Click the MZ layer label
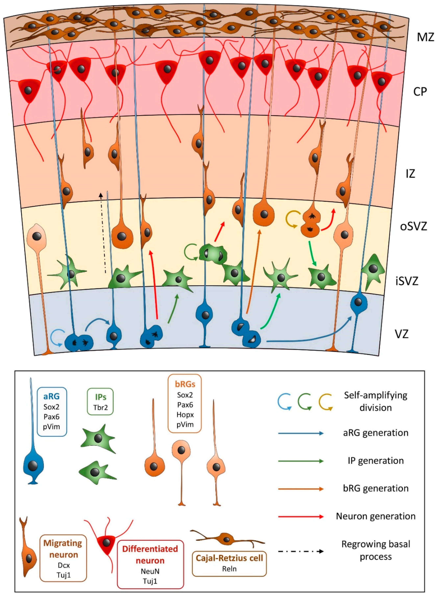425,37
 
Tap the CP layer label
420,91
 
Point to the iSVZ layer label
407,281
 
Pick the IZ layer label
410,174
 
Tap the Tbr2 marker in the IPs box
100,407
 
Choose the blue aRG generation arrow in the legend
301,433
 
